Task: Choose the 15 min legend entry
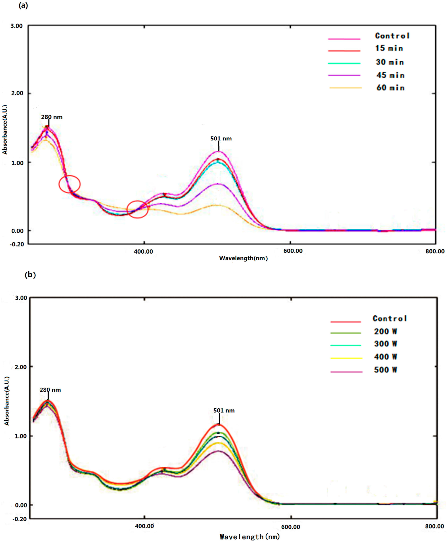(389, 48)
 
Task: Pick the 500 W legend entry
(385, 370)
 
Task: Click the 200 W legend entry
(385, 331)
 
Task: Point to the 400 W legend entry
(385, 357)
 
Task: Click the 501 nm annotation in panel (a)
(221, 139)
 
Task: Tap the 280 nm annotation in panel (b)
(50, 390)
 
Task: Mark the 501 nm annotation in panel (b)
(224, 410)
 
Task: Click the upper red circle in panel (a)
(70, 184)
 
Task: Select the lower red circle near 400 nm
(138, 209)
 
